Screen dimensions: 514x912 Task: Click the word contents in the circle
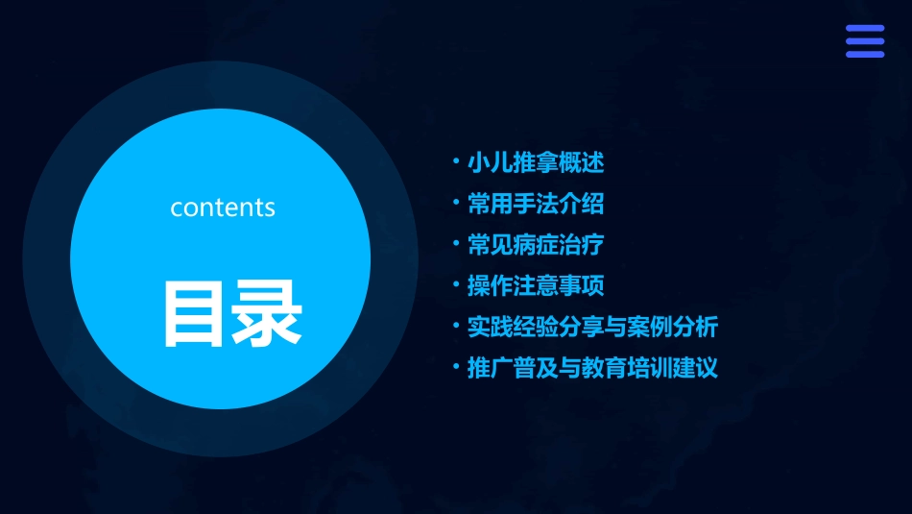[x=223, y=208]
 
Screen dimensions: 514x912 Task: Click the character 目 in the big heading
[x=194, y=313]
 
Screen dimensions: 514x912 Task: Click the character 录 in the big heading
[x=267, y=313]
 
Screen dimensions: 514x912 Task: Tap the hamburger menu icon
[x=864, y=41]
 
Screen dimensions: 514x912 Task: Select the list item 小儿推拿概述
[x=536, y=163]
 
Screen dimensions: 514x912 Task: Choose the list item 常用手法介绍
[x=536, y=204]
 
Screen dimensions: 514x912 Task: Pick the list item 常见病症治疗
[x=536, y=245]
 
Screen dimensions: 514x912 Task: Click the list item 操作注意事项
[x=536, y=286]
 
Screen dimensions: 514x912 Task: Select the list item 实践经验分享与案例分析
[x=592, y=328]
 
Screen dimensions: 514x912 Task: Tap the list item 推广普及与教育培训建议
[x=592, y=368]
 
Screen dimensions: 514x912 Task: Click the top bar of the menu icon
[x=864, y=29]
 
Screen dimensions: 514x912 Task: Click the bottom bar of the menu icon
[x=864, y=54]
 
